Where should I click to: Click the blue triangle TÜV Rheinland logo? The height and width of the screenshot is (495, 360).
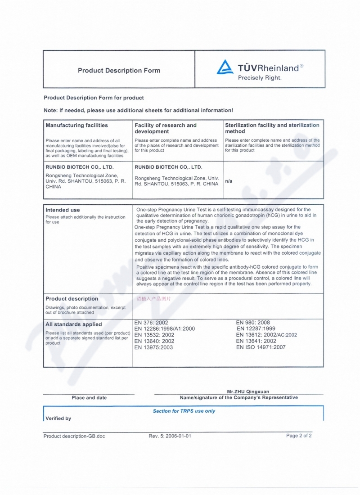tap(225, 67)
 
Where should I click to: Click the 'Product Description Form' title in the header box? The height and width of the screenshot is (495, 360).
tap(119, 71)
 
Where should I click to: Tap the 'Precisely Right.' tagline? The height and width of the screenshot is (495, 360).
tap(260, 78)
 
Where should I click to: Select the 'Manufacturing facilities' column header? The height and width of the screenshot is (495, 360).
tap(76, 126)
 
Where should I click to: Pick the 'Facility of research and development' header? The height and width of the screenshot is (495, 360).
tap(166, 128)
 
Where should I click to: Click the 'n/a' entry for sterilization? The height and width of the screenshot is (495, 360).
tap(229, 181)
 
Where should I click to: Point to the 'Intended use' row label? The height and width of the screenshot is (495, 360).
tap(63, 210)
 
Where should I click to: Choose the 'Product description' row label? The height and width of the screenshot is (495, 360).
tap(72, 299)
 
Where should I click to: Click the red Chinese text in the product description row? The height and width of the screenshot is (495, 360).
tap(153, 298)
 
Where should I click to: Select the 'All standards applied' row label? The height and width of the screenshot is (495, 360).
tap(73, 324)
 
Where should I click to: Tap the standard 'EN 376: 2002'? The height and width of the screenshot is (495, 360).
tap(151, 323)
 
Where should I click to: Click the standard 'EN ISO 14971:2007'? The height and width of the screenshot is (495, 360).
tap(261, 347)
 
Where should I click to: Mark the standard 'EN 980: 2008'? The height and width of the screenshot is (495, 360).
tap(253, 323)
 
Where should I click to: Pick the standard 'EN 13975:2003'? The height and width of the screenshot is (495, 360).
tap(153, 347)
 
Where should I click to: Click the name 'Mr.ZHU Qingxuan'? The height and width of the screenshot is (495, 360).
tap(248, 392)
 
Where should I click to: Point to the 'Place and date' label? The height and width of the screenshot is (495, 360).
tap(89, 398)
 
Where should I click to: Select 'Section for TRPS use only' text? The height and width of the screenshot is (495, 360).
tap(184, 411)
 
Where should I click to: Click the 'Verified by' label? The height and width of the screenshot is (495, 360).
tap(58, 418)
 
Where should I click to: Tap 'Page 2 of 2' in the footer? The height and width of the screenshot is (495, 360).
tap(299, 436)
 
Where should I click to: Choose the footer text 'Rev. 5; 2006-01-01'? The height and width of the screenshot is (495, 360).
tap(170, 436)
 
